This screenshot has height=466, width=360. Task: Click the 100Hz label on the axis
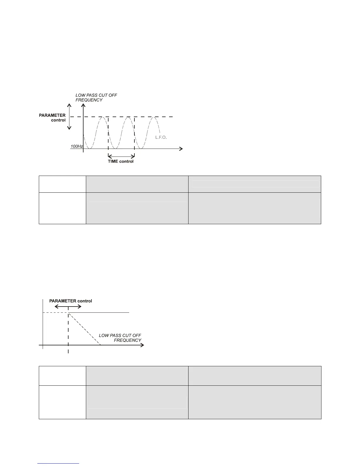click(76, 146)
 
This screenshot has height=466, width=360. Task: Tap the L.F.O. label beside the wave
click(161, 137)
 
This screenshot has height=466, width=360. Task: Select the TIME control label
click(121, 161)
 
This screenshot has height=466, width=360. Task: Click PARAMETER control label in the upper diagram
click(52, 118)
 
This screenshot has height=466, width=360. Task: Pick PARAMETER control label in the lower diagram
click(71, 301)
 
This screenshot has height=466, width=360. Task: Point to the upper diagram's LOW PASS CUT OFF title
click(96, 95)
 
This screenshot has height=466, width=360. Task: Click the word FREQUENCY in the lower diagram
click(128, 340)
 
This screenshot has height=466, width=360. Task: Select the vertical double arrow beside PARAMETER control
click(69, 116)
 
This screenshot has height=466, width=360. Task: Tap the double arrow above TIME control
click(121, 156)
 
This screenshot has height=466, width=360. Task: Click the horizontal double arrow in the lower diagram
click(68, 307)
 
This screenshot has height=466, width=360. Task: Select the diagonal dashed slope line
click(84, 329)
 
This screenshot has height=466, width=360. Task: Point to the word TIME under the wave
click(113, 161)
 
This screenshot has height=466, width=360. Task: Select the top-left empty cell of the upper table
click(62, 184)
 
